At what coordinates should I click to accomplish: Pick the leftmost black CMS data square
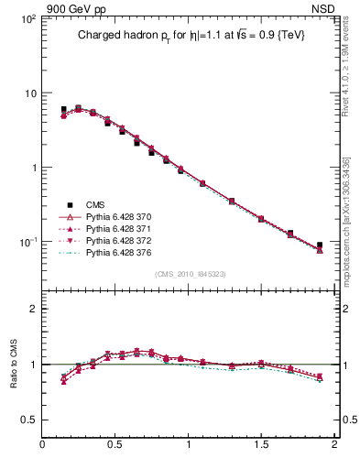tap(63, 110)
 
